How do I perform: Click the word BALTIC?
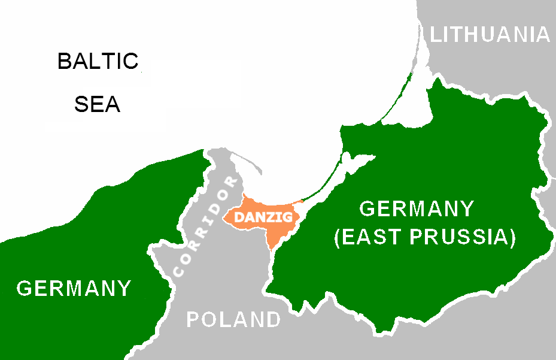click(98, 61)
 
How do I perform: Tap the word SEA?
click(98, 105)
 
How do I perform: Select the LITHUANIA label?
click(490, 35)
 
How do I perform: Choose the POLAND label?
click(233, 319)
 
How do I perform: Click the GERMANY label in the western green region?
click(74, 289)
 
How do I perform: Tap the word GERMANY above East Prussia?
click(416, 210)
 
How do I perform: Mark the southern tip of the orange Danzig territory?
click(272, 247)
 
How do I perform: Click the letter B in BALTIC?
click(65, 61)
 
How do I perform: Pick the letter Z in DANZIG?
click(268, 217)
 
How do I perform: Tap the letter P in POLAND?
click(193, 319)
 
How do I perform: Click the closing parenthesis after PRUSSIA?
click(512, 237)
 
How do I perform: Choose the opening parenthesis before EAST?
click(338, 237)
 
